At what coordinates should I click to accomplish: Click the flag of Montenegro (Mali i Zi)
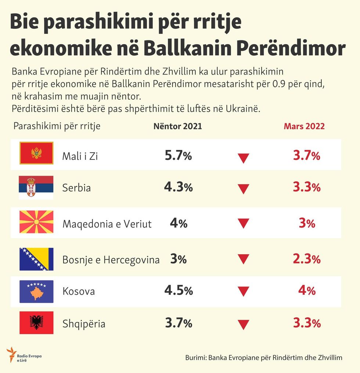(36, 153)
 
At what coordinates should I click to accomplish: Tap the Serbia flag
(36, 187)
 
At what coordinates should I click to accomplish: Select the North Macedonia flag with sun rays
(36, 222)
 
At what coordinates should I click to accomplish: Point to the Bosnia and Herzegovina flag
(36, 259)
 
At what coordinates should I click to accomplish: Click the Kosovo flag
(36, 291)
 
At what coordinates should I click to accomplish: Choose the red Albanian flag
(36, 323)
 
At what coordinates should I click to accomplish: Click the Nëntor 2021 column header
(177, 126)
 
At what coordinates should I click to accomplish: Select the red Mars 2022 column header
(304, 126)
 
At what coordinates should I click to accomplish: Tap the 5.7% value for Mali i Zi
(178, 156)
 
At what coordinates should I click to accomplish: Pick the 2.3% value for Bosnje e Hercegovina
(307, 259)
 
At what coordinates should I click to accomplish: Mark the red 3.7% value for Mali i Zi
(307, 156)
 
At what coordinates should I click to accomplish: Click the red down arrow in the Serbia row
(243, 189)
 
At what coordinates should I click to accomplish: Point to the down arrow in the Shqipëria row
(243, 324)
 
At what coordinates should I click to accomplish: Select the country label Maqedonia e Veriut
(107, 224)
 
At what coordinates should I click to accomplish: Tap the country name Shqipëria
(84, 324)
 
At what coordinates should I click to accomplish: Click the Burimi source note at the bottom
(264, 358)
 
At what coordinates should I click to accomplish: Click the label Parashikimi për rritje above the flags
(57, 126)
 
